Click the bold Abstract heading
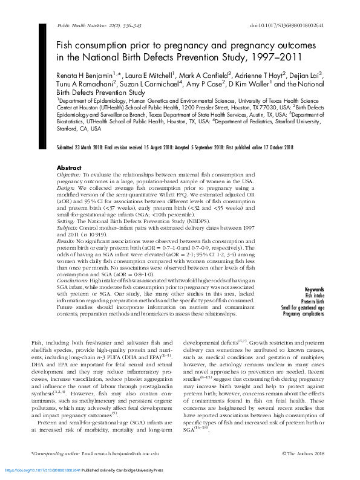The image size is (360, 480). tap(68, 167)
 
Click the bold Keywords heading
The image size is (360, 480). tap(314, 290)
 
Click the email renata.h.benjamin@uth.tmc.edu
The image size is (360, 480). tap(128, 453)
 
